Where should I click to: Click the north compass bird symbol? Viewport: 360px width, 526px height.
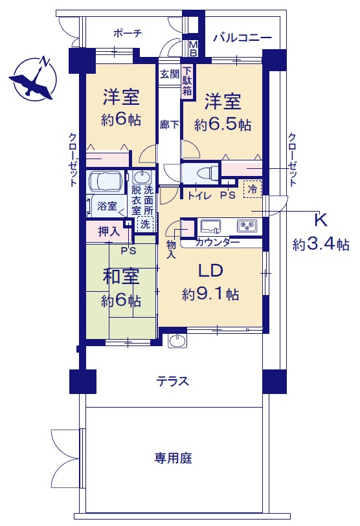(32, 79)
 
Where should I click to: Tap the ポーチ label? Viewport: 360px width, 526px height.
(128, 33)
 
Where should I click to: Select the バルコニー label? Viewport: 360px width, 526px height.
(242, 38)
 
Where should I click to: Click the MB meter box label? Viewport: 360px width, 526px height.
(193, 49)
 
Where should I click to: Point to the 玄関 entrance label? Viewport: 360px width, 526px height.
(170, 74)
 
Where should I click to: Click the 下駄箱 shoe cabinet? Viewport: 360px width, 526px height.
(187, 81)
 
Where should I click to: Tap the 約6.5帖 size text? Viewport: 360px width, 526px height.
(223, 125)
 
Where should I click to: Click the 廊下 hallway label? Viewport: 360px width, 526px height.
(169, 125)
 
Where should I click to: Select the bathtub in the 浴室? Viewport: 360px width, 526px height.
(106, 182)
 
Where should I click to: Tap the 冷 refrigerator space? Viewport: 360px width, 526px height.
(253, 190)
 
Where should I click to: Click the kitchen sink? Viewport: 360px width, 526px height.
(211, 226)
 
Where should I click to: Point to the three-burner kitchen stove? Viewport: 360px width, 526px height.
(247, 226)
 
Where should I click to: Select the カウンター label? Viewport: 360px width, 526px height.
(218, 242)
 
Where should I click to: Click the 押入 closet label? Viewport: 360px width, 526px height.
(109, 232)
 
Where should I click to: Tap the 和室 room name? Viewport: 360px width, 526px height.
(121, 277)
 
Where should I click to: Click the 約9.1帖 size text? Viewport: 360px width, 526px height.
(210, 294)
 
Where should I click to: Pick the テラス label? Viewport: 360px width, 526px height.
(173, 382)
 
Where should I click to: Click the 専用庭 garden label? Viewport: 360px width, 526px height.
(173, 458)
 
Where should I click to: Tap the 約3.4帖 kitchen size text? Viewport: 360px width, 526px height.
(321, 244)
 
